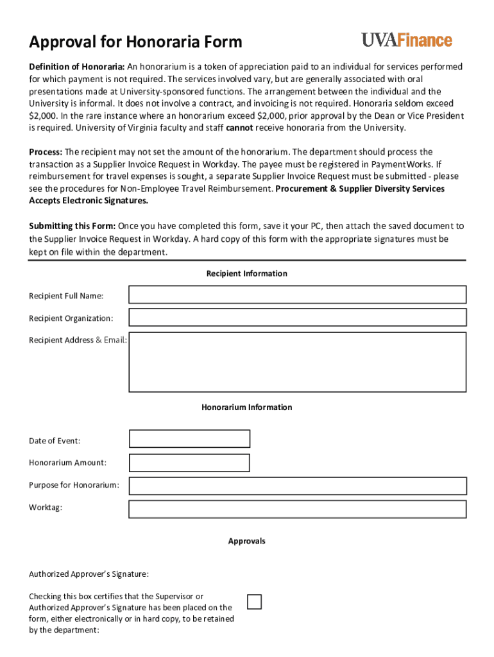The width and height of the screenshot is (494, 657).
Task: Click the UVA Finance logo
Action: pyautogui.click(x=407, y=40)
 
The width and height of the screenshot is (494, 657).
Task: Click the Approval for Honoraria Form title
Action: pyautogui.click(x=135, y=42)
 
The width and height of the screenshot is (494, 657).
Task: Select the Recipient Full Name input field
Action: pyautogui.click(x=297, y=294)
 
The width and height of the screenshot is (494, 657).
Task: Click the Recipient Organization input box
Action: pyautogui.click(x=297, y=318)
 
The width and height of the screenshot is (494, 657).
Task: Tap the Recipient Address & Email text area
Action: pyautogui.click(x=297, y=362)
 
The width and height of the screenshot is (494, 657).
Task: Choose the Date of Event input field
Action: pyautogui.click(x=189, y=439)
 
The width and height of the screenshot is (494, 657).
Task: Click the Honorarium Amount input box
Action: pyautogui.click(x=189, y=463)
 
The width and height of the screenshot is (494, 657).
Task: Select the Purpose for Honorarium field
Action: pyautogui.click(x=297, y=486)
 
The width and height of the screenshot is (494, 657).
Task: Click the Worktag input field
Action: pyautogui.click(x=297, y=509)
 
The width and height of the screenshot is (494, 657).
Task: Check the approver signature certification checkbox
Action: pyautogui.click(x=255, y=602)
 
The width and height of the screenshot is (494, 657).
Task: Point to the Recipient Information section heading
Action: pyautogui.click(x=247, y=274)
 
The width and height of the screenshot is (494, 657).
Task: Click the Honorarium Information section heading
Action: pyautogui.click(x=247, y=407)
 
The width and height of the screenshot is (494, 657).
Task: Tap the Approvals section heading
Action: pyautogui.click(x=247, y=542)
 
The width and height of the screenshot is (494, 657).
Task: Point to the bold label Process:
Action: pyautogui.click(x=46, y=152)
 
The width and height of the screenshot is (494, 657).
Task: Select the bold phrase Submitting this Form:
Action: pyautogui.click(x=72, y=226)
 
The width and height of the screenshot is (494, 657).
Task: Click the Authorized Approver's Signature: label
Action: pyautogui.click(x=89, y=574)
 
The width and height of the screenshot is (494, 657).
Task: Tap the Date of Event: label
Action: pyautogui.click(x=55, y=441)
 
